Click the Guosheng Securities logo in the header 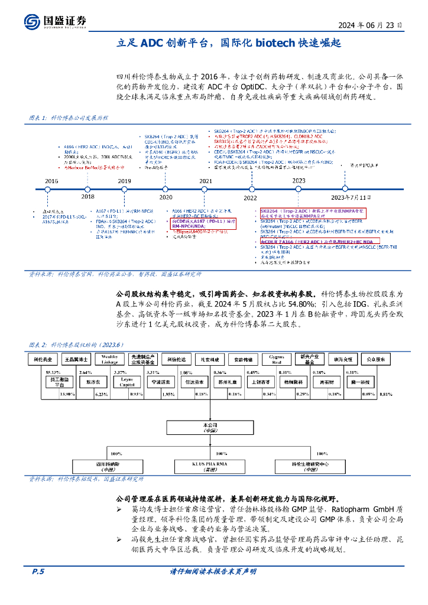coord(57,22)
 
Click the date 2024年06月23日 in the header coord(371,25)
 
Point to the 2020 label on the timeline coord(166,197)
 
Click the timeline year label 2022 coord(250,197)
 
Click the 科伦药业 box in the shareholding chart coord(42,359)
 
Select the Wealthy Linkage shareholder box coord(109,359)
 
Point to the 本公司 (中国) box coord(210,427)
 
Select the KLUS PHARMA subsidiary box coord(210,467)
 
